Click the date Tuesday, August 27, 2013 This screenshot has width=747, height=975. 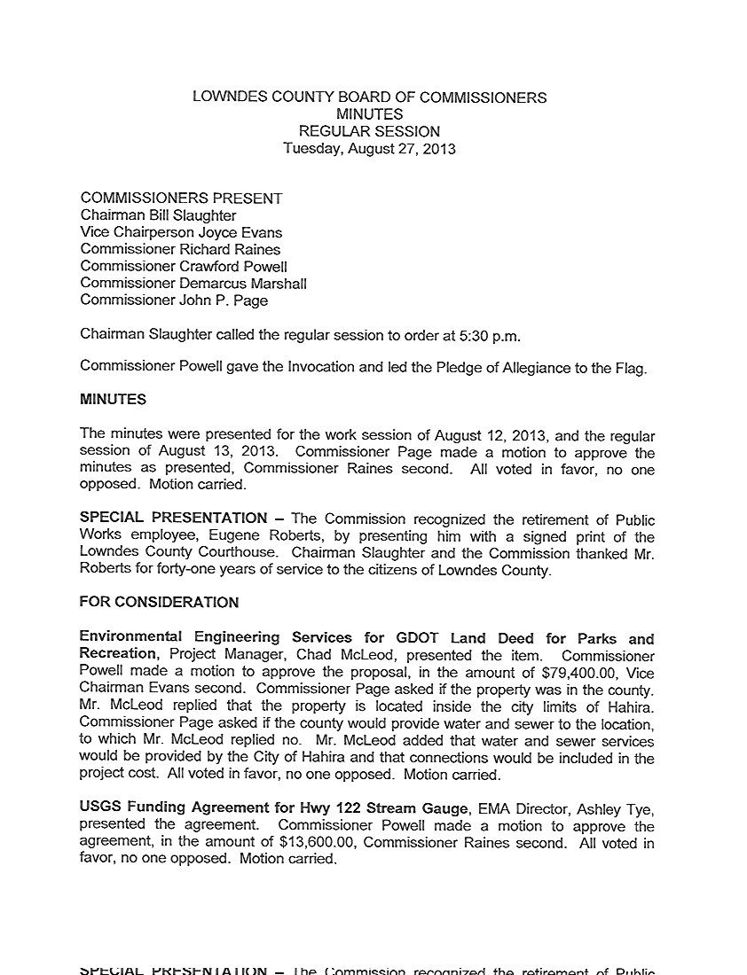pyautogui.click(x=369, y=149)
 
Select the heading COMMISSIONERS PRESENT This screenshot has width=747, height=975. pyautogui.click(x=181, y=199)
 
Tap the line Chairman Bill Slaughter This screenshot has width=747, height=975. pyautogui.click(x=159, y=215)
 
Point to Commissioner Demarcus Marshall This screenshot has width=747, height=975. pyautogui.click(x=193, y=283)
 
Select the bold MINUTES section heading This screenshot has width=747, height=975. pyautogui.click(x=114, y=400)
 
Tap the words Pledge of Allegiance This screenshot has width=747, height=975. pyautogui.click(x=468, y=368)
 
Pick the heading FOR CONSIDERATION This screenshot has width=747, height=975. pyautogui.click(x=159, y=603)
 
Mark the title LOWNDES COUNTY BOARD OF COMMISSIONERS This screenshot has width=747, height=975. pyautogui.click(x=369, y=97)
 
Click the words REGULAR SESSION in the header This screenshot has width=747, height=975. pyautogui.click(x=369, y=131)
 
